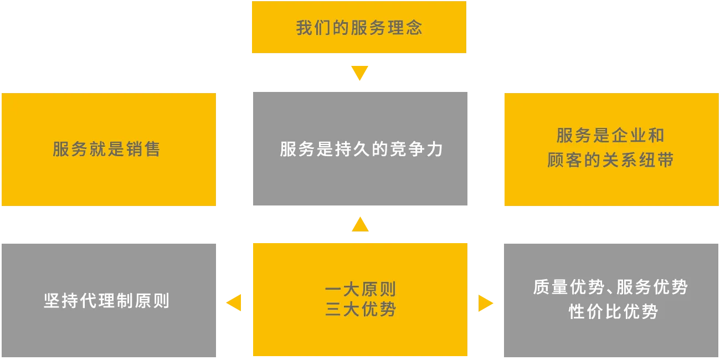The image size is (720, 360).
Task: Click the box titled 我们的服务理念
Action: click(359, 27)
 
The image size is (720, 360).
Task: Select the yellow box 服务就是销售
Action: click(108, 150)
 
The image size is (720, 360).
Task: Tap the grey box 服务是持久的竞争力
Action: click(361, 149)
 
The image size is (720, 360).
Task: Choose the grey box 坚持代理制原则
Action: click(108, 301)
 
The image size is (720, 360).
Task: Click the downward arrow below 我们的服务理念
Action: click(359, 73)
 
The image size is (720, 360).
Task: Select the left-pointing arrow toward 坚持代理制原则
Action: click(235, 302)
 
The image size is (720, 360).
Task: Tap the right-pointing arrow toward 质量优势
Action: click(486, 303)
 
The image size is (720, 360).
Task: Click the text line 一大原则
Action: click(361, 290)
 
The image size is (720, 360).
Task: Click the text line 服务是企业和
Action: click(610, 136)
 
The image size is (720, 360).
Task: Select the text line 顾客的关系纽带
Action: click(610, 161)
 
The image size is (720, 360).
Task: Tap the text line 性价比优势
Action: click(613, 312)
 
